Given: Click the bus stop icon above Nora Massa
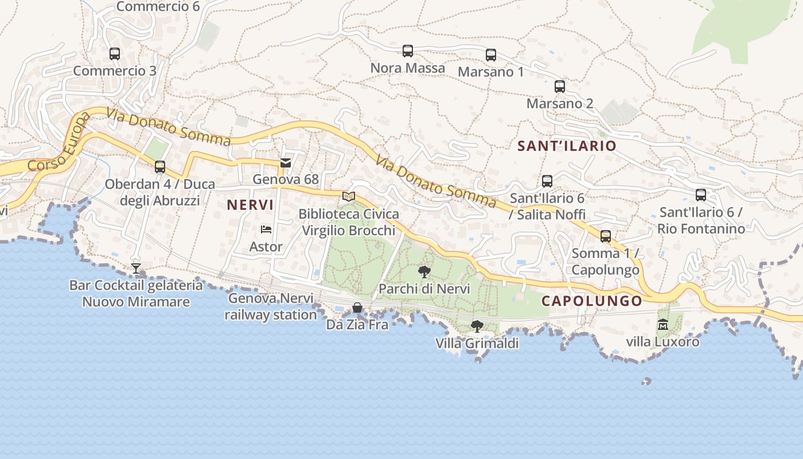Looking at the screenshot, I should pos(408,51).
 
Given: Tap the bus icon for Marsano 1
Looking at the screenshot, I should pos(491,55).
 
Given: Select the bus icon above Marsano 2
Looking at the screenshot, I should pos(560,87).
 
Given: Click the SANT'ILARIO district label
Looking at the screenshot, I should pos(567,146).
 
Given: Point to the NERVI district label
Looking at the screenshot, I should pos(250,205).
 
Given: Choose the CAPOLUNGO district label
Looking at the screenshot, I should pos(592,301).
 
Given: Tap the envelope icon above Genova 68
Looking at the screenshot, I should pos(286,163).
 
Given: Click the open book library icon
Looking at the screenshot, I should pos(349,196).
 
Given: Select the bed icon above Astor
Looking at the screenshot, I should pos(266,229).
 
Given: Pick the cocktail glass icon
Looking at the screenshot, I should pos(136,268).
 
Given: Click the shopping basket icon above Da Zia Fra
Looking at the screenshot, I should pos(357,308).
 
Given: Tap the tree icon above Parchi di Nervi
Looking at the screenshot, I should pos(424,272).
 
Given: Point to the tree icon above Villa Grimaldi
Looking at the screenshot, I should pos(477,326).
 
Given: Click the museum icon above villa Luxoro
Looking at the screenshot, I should pos(663,325).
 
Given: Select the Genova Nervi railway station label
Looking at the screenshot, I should pos(271,306).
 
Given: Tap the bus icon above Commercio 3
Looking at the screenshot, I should pos(115,54).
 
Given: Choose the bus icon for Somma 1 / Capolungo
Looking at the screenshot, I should pos(606,236).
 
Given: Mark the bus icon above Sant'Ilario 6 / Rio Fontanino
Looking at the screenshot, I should pos(701,195).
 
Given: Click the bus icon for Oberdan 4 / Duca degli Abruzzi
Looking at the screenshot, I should pos(160,167).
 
